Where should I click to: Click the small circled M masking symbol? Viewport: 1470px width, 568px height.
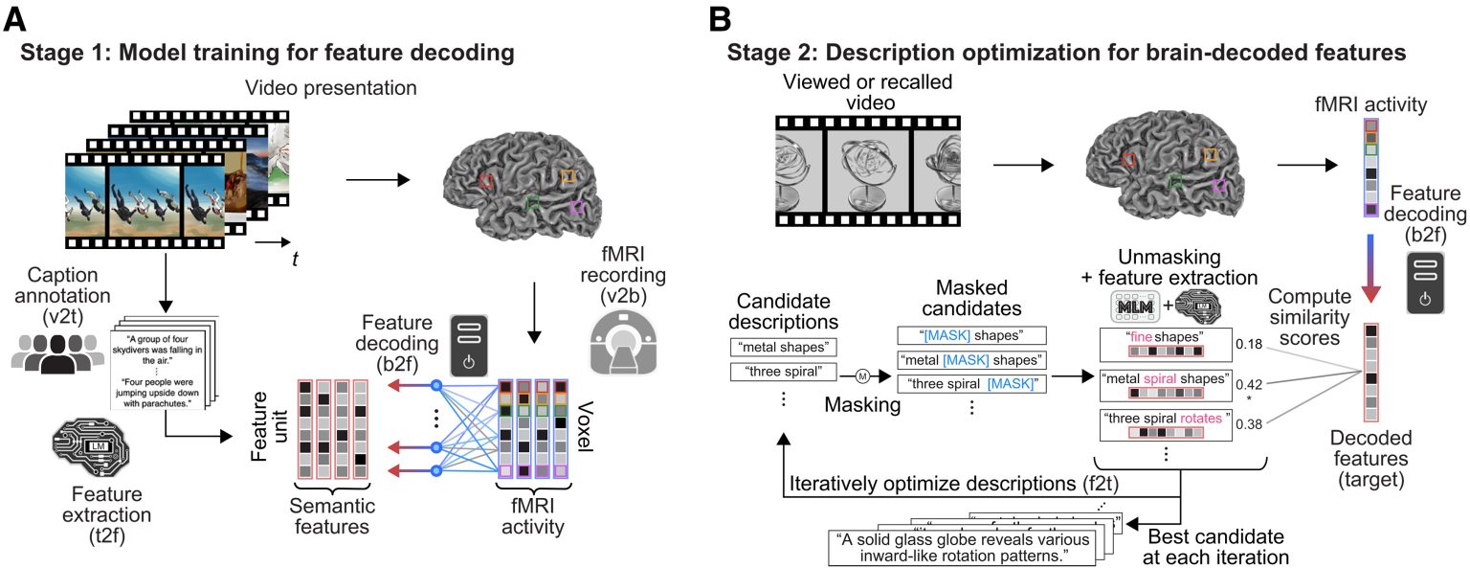click(860, 375)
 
